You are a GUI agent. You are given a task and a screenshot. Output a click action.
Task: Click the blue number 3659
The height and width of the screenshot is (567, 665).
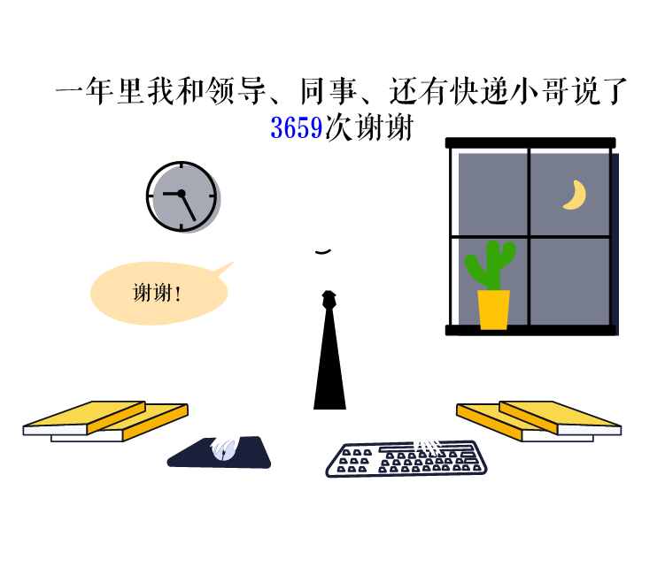[x=296, y=128]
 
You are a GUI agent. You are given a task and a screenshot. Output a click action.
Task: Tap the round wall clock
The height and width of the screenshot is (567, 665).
[x=183, y=196]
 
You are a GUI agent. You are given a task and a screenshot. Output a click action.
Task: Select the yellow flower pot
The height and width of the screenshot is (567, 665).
[x=493, y=310]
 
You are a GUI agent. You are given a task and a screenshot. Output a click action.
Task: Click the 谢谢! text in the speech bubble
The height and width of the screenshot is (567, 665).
[x=157, y=293]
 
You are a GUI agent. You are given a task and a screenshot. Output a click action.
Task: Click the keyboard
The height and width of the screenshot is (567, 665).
[x=406, y=459]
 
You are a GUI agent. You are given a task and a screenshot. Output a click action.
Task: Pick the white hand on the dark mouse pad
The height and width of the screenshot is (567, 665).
[x=224, y=449]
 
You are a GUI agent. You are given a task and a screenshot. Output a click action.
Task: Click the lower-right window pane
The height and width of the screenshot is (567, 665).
[x=569, y=281]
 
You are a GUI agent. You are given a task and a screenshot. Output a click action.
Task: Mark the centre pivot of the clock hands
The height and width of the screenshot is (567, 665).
[x=182, y=193]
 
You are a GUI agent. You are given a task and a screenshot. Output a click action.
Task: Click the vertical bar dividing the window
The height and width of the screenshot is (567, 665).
[x=529, y=236]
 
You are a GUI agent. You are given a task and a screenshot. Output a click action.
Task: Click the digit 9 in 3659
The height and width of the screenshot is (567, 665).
[x=316, y=128]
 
